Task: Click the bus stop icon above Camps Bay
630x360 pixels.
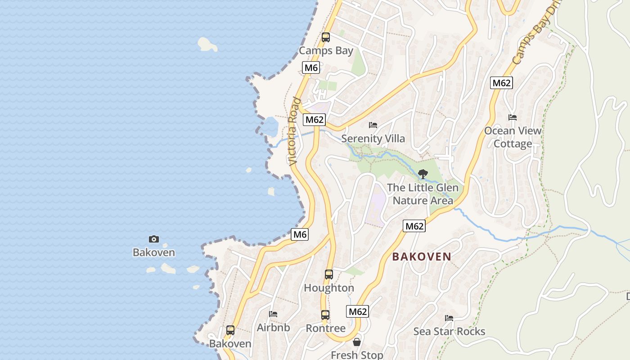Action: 326,37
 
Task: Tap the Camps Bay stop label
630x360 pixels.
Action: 326,51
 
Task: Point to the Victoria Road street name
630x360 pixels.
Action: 294,131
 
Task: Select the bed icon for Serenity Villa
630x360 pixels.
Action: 373,125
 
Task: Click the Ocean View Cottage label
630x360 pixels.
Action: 513,137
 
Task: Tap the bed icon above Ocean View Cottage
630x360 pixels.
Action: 513,117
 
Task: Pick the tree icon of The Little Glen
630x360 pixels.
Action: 423,174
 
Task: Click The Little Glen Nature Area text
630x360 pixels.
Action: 423,194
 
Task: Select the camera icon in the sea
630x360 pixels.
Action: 154,239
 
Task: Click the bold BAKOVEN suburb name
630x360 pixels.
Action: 422,256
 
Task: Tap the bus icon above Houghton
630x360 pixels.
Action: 329,274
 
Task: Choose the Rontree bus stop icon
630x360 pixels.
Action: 325,315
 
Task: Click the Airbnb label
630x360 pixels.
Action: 273,328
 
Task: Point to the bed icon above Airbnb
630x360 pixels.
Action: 273,314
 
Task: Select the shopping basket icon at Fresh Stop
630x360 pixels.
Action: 357,342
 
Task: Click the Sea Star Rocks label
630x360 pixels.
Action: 449,332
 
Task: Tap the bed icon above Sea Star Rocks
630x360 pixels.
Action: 449,318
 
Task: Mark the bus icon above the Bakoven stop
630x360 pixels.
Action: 230,330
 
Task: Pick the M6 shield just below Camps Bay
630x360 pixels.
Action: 311,68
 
